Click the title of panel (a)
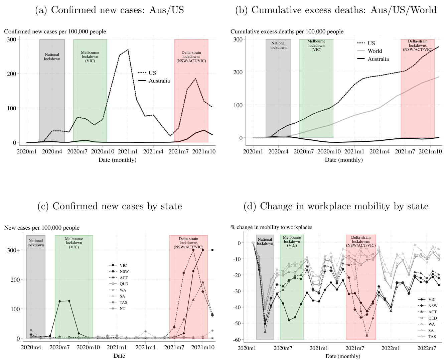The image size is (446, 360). point(110,10)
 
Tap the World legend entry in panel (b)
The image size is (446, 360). point(375,51)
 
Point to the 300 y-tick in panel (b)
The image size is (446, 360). point(238,39)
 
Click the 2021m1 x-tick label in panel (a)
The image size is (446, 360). point(128,151)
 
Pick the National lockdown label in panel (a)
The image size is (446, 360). point(52,56)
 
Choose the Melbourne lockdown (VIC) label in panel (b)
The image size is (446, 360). point(316,45)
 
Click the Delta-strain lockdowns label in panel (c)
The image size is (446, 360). point(188,243)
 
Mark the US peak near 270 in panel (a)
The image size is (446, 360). point(128,50)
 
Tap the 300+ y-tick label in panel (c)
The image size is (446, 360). point(14,250)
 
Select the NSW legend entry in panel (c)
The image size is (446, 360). point(124,271)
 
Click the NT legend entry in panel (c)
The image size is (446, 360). point(122,309)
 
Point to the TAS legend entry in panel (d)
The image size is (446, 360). point(432,337)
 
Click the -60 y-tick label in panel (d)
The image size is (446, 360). point(236,339)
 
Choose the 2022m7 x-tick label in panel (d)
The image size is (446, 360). point(427,348)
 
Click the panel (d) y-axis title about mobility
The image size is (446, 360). point(271,227)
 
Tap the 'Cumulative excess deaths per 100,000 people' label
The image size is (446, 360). point(287,31)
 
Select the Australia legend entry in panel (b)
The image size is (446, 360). point(378,59)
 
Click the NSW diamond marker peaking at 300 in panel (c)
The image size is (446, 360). point(193,250)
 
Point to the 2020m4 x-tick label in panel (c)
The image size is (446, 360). point(31,348)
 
